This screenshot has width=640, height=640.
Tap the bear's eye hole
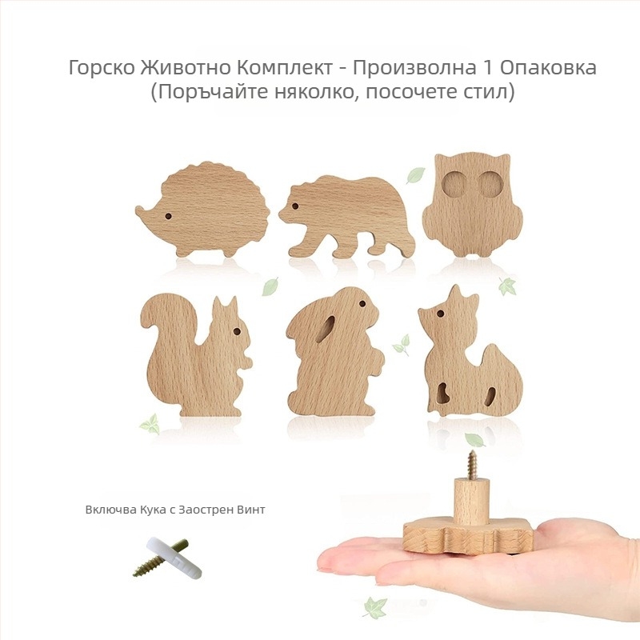tap(294, 206)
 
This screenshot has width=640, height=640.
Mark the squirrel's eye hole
tap(237, 331)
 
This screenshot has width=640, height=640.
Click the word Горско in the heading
tap(98, 67)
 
